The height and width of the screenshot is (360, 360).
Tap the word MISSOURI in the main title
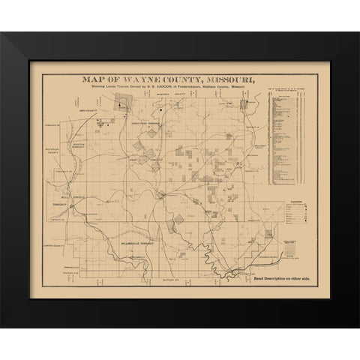click(231, 77)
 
